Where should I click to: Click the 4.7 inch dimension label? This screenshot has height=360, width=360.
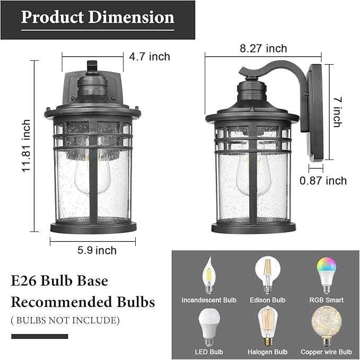click(x=149, y=56)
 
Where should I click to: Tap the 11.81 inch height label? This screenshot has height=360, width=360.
click(x=26, y=145)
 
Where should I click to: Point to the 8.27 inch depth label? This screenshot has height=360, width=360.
click(x=263, y=49)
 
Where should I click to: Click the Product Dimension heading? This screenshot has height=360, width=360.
click(x=98, y=17)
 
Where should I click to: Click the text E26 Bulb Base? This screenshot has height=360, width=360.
click(x=59, y=280)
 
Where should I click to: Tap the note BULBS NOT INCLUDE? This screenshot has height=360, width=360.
click(x=65, y=320)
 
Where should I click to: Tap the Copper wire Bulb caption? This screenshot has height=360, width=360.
click(x=326, y=352)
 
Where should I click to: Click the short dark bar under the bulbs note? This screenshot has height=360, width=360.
click(x=40, y=336)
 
